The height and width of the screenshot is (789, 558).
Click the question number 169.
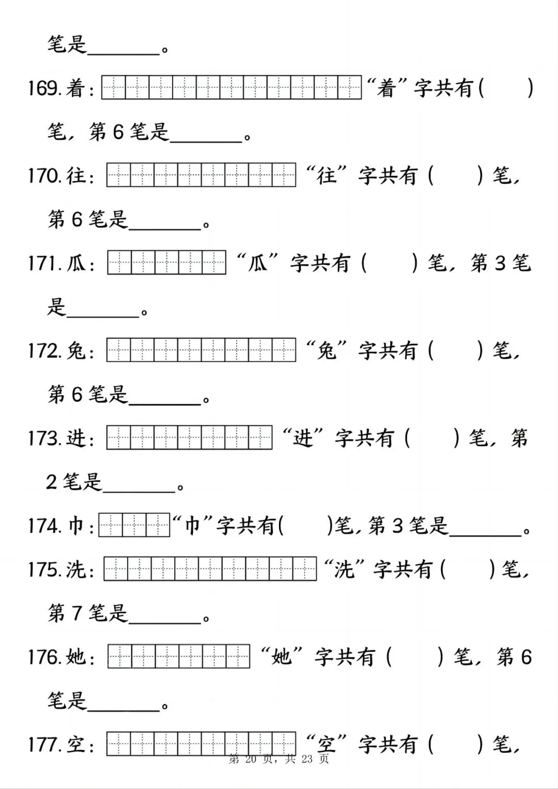[x=44, y=88]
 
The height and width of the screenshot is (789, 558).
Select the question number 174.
[x=44, y=526]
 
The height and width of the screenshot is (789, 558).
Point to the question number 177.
[x=44, y=745]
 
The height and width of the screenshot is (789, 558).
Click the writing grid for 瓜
[x=166, y=263]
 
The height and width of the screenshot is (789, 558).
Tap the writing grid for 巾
[x=134, y=525]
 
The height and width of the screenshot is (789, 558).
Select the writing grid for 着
[x=231, y=87]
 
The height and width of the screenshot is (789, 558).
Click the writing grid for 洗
[x=210, y=569]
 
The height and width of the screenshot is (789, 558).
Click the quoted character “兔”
[x=327, y=351]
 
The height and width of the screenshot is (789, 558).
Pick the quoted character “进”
[x=303, y=438]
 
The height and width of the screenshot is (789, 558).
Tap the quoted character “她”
[x=282, y=657]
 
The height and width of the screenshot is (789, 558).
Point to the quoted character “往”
[x=327, y=175]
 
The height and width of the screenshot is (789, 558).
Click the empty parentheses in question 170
[x=456, y=176]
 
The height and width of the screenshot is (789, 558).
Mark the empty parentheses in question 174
[x=306, y=526]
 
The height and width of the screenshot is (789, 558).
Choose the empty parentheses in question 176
[x=415, y=657]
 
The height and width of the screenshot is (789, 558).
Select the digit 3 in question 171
[x=500, y=263]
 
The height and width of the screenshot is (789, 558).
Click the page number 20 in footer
[x=251, y=758]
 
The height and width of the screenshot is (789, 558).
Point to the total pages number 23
[x=307, y=758]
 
